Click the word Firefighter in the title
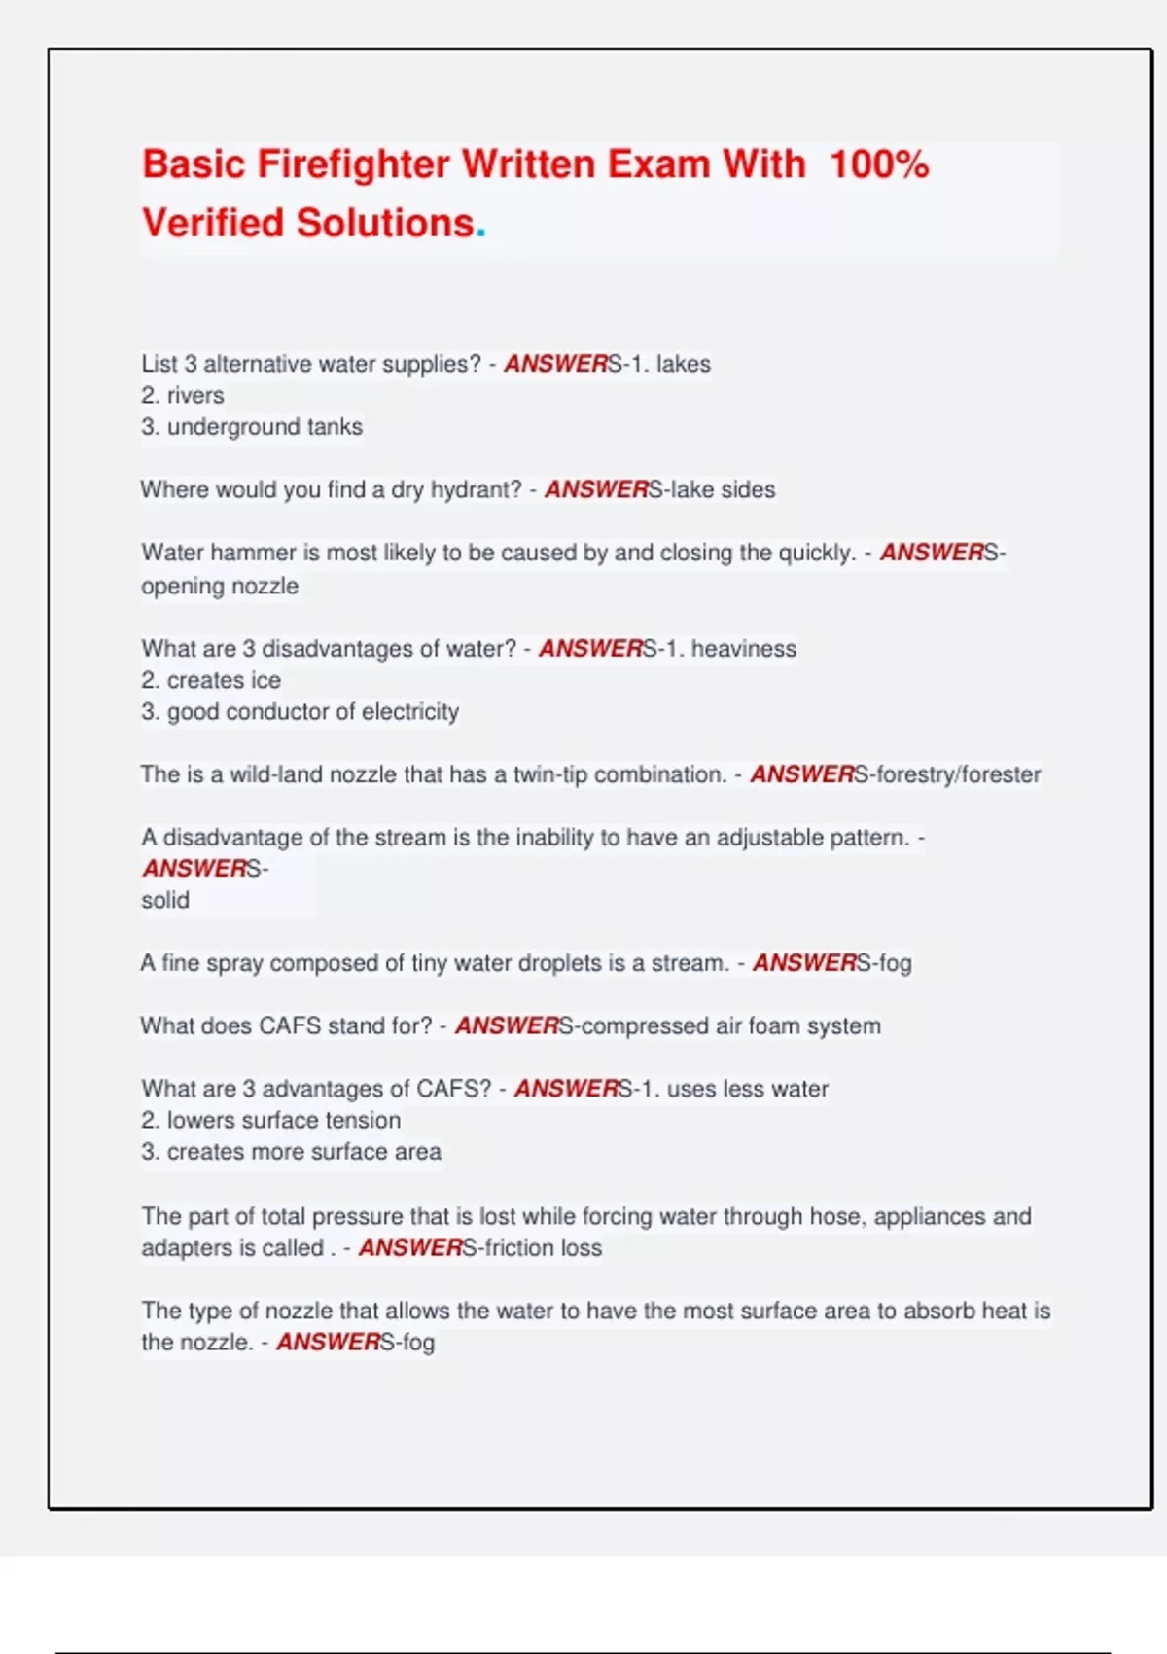pyautogui.click(x=352, y=163)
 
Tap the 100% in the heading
pyautogui.click(x=879, y=163)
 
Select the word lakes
pyautogui.click(x=683, y=364)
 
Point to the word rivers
pyautogui.click(x=195, y=395)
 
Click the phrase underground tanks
pyautogui.click(x=265, y=427)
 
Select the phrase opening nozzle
pyautogui.click(x=220, y=586)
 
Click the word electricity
pyautogui.click(x=409, y=712)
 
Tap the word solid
pyautogui.click(x=165, y=900)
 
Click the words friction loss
pyautogui.click(x=543, y=1247)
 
